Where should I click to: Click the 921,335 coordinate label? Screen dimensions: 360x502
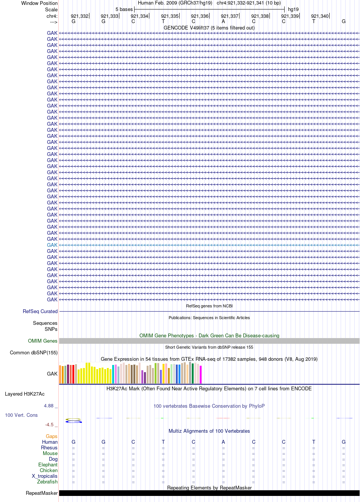tap(170, 16)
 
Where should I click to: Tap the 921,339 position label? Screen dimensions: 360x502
tap(290, 16)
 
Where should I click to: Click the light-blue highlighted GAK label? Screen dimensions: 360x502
tap(52, 245)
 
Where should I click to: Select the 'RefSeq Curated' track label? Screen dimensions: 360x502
tap(40, 311)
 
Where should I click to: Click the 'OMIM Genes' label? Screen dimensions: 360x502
tap(42, 341)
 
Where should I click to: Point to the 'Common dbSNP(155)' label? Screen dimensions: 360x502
tap(34, 353)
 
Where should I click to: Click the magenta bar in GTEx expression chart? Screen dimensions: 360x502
tap(201, 374)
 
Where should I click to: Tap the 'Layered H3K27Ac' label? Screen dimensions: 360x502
tap(25, 394)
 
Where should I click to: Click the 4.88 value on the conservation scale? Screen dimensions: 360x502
tap(49, 406)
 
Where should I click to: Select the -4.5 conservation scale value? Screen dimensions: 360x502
tap(49, 425)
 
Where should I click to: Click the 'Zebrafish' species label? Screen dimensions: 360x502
tap(47, 482)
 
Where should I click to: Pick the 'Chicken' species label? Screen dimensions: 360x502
tap(49, 470)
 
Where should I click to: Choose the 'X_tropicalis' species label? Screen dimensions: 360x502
tap(45, 476)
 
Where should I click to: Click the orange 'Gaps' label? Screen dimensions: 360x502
tap(52, 436)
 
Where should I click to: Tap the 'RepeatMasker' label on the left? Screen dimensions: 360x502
tap(42, 493)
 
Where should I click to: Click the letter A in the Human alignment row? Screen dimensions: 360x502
tap(223, 442)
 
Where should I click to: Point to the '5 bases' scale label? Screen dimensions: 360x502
tap(124, 9)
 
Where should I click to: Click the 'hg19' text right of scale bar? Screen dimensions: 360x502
tap(293, 9)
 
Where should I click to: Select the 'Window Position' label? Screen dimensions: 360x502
tap(39, 3)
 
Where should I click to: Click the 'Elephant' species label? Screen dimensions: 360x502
tap(48, 465)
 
